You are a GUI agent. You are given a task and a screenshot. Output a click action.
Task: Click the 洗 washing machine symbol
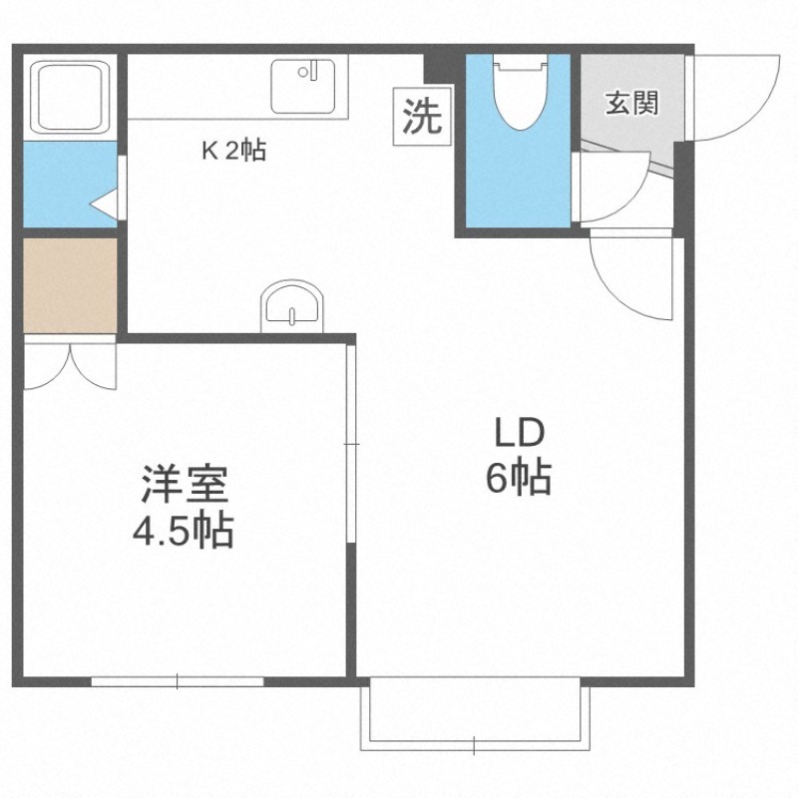coord(422,119)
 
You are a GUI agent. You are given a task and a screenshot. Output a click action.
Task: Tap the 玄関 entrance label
coord(632,102)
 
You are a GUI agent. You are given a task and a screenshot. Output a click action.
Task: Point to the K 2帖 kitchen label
coord(233,152)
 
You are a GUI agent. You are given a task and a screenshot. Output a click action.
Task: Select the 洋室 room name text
coord(185,486)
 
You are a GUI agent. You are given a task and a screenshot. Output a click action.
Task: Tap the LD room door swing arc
coord(628,278)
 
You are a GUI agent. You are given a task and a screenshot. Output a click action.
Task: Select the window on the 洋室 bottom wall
coord(178,681)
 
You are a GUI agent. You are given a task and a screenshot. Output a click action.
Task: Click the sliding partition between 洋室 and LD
coord(350,443)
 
